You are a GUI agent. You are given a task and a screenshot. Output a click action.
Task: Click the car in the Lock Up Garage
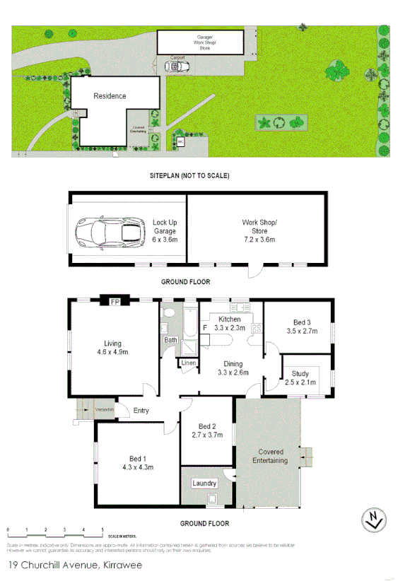click(x=110, y=231)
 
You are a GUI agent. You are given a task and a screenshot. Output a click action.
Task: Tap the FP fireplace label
click(x=114, y=303)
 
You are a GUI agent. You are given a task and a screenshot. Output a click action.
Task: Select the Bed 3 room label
click(x=298, y=322)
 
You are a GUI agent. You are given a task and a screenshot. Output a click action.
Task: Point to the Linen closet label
click(x=188, y=363)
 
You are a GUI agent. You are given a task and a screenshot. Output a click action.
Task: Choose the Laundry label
click(x=204, y=483)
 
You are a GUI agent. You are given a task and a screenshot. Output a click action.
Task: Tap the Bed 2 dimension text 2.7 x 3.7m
click(x=206, y=435)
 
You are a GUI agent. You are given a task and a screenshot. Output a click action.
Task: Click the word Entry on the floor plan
click(x=141, y=411)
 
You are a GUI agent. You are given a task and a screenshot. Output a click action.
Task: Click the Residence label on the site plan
click(x=110, y=96)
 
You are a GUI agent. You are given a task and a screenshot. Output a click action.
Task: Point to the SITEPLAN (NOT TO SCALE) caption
click(x=189, y=175)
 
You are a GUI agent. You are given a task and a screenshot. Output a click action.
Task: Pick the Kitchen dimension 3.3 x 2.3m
click(x=230, y=328)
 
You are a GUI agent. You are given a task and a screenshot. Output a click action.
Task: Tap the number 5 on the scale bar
click(x=103, y=529)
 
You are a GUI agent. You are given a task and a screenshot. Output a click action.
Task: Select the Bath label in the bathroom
click(x=170, y=340)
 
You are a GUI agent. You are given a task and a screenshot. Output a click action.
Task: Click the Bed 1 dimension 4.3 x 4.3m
click(x=138, y=467)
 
